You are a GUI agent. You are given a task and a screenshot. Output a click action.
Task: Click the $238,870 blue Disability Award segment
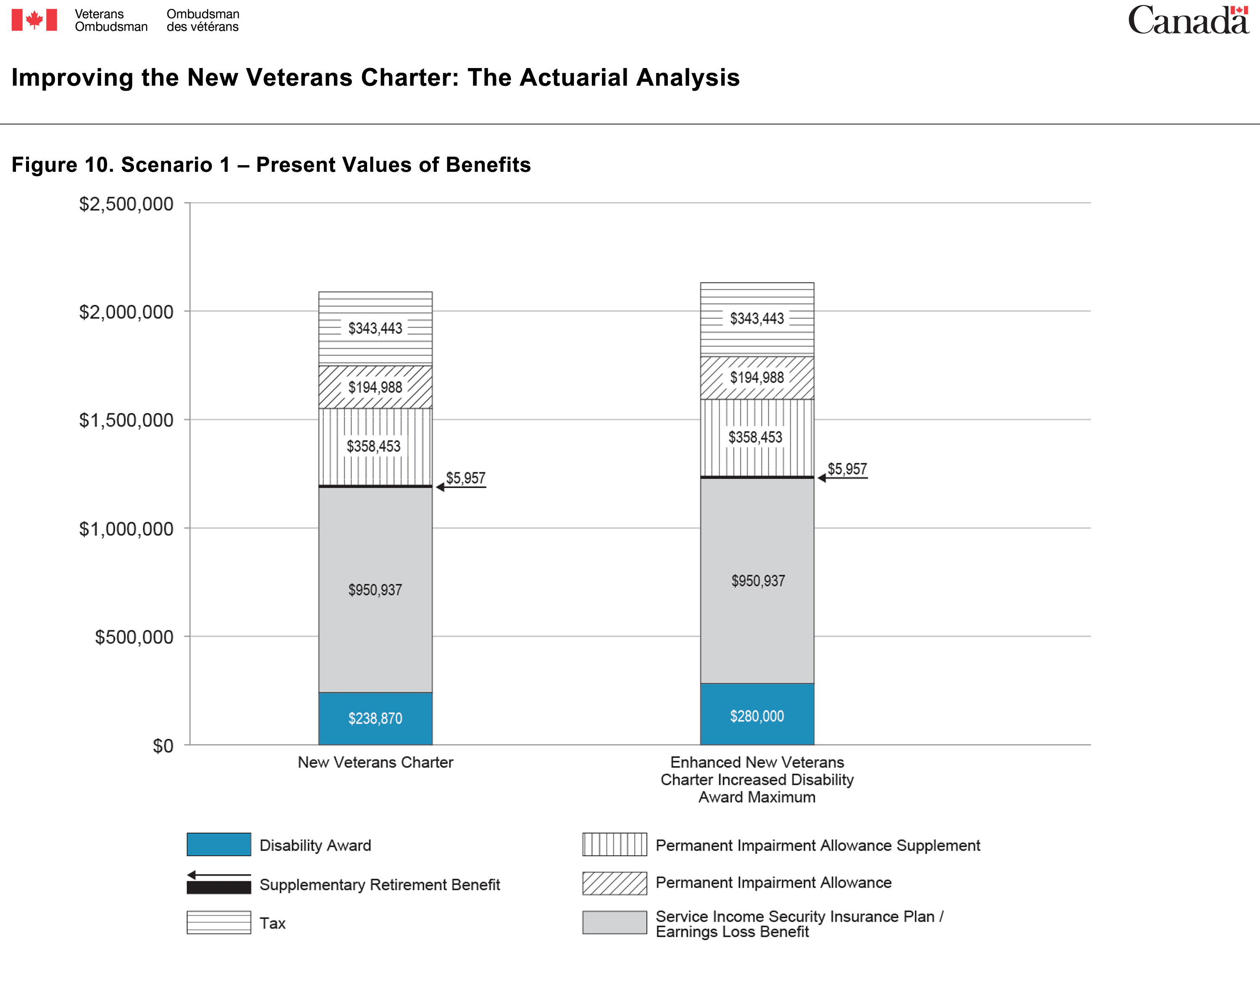click(375, 718)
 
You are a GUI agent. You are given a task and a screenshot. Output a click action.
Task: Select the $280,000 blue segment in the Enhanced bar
click(757, 714)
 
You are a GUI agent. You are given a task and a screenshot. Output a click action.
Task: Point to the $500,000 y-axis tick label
click(134, 637)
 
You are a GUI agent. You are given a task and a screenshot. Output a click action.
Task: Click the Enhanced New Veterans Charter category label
click(757, 780)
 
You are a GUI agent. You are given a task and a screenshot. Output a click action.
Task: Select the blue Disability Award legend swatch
click(218, 844)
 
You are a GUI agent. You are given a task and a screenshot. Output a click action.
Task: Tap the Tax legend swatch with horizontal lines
click(218, 922)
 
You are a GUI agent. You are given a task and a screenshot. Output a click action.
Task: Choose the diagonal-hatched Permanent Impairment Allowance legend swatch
click(614, 883)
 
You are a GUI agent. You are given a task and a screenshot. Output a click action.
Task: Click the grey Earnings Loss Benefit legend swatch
click(614, 922)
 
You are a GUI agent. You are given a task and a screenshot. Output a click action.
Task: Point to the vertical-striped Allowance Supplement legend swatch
click(614, 844)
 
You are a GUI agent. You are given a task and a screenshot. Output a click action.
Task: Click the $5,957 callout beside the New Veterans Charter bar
click(466, 478)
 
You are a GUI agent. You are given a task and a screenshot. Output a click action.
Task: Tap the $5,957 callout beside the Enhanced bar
click(847, 469)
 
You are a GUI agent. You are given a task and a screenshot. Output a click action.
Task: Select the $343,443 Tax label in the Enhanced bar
click(757, 318)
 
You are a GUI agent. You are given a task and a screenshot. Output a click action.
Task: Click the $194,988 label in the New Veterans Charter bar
click(375, 387)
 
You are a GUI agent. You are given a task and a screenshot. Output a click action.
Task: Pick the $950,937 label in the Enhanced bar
click(758, 581)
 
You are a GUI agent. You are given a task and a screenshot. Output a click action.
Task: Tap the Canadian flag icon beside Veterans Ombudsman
click(34, 20)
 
